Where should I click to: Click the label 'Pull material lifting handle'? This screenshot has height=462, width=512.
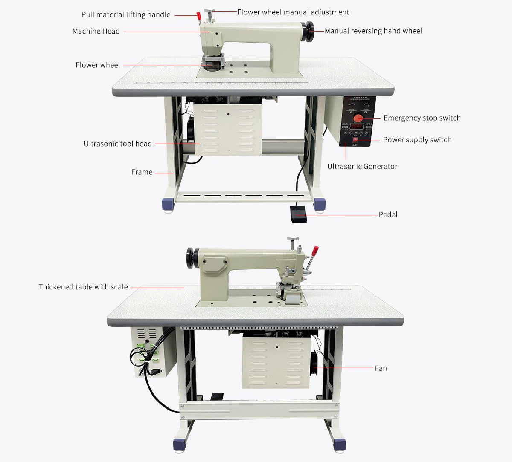[126, 15]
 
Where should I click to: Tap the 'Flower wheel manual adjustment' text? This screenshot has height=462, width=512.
[293, 12]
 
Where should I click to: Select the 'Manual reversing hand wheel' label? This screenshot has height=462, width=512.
[373, 31]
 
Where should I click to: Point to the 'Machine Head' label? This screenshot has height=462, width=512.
[96, 31]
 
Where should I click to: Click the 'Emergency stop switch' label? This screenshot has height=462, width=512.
[422, 118]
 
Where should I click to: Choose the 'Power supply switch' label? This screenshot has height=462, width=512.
[417, 140]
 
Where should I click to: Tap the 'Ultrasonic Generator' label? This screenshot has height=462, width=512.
[362, 166]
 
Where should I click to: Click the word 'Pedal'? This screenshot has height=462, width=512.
[388, 214]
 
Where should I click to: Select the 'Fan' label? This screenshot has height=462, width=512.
[381, 368]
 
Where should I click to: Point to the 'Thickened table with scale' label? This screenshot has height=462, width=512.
[83, 287]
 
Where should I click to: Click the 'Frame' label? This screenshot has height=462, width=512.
[142, 172]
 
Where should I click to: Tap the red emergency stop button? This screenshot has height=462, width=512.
[359, 117]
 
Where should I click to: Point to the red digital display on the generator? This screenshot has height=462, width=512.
[357, 127]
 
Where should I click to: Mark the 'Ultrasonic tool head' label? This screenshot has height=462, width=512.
[118, 144]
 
